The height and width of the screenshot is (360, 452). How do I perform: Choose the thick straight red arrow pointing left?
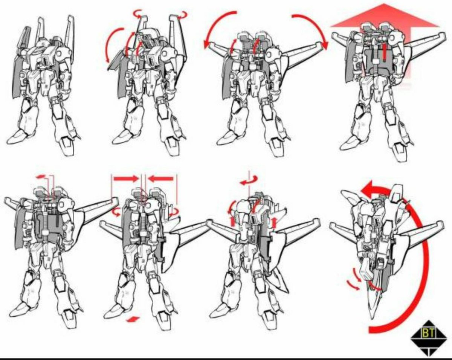pyautogui.click(x=161, y=178)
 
